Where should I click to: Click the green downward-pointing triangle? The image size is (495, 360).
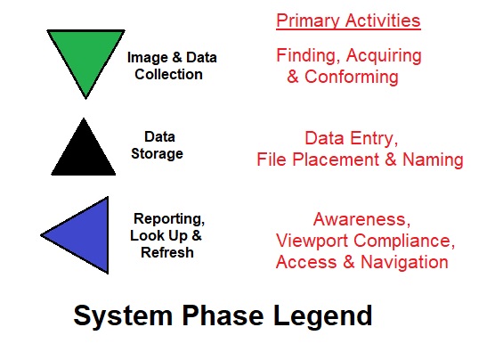click(x=85, y=57)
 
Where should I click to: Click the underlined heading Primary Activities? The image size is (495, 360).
click(x=348, y=20)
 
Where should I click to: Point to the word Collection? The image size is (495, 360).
click(x=168, y=74)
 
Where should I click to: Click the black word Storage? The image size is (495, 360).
click(x=157, y=153)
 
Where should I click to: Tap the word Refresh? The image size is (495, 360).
click(x=167, y=252)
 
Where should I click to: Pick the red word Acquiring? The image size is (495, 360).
click(x=384, y=56)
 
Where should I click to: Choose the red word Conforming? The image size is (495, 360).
click(x=352, y=78)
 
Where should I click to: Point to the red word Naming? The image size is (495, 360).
click(x=433, y=160)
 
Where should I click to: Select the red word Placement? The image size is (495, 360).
click(x=336, y=159)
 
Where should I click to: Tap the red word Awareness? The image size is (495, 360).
click(x=361, y=219)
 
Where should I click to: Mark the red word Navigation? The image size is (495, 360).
click(x=404, y=262)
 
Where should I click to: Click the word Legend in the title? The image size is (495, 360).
click(x=322, y=316)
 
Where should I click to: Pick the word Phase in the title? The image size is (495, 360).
click(x=223, y=315)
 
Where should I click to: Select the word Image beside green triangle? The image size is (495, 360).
click(x=148, y=58)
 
